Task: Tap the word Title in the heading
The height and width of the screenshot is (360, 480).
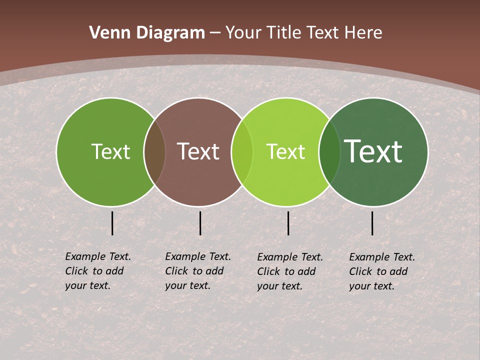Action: point(283,33)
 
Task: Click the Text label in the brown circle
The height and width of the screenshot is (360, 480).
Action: point(198,151)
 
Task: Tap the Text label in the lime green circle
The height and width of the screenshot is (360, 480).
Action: point(285,151)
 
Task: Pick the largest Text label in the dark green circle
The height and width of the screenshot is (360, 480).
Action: point(373,151)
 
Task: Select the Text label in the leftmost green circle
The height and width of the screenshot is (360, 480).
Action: point(110,151)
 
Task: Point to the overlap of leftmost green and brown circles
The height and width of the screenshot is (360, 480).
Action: point(154,152)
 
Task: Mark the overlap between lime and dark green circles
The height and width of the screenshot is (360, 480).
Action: point(329,152)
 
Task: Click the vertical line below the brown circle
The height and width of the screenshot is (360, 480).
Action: point(200,223)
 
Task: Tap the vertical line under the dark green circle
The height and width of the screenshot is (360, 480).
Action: point(372,223)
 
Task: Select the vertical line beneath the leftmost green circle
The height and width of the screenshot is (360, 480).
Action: point(112,223)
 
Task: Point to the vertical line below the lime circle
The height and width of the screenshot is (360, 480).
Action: point(288,223)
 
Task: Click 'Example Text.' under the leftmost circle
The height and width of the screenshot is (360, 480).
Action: point(98,256)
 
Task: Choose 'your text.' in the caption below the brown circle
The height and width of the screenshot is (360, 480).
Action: point(187,285)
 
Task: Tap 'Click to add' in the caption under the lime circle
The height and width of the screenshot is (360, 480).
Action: point(286,271)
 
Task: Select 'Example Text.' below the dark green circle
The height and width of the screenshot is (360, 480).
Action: point(382,257)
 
